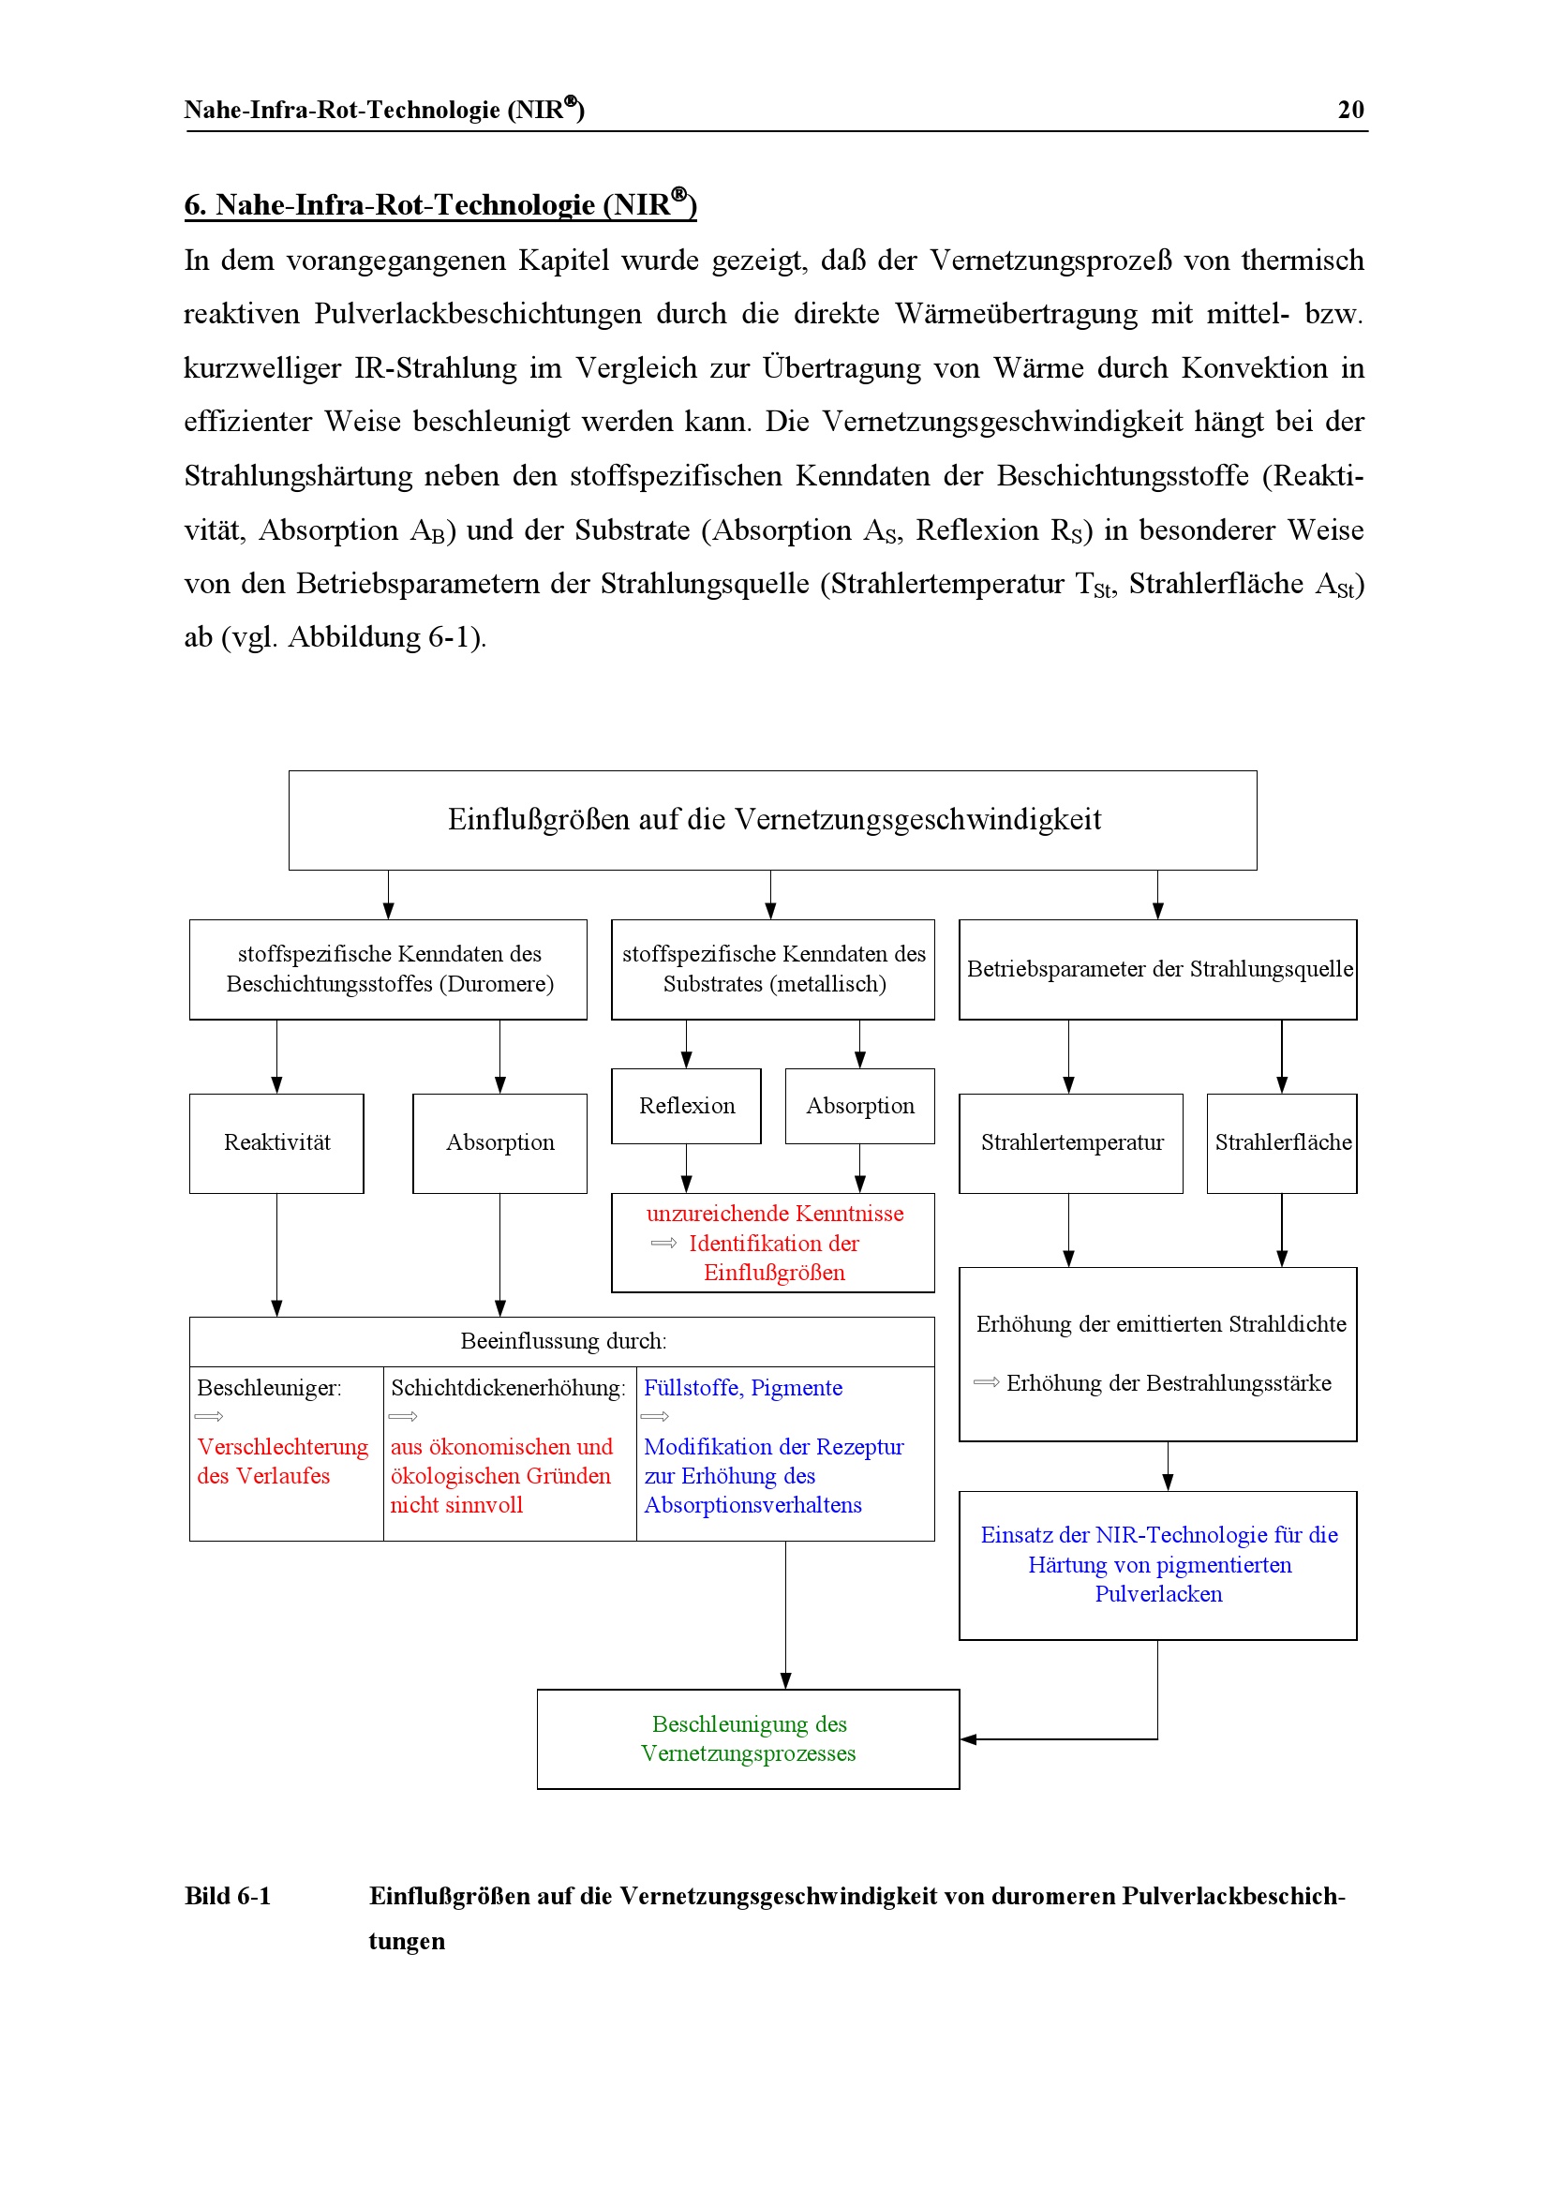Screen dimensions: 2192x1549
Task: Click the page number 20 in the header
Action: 1349,110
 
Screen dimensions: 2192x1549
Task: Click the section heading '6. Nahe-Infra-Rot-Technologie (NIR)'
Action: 440,204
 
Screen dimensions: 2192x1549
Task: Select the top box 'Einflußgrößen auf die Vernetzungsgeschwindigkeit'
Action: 772,820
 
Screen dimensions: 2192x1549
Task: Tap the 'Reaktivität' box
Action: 276,1142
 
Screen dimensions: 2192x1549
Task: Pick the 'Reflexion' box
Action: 686,1106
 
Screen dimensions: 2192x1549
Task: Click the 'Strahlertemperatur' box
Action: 1071,1142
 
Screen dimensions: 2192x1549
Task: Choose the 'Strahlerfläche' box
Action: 1282,1142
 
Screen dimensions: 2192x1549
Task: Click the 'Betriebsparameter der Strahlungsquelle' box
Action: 1157,969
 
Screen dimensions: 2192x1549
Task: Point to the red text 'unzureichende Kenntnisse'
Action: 774,1214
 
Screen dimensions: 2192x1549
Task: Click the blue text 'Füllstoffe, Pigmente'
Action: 742,1388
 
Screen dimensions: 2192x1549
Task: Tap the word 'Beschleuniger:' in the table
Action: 268,1388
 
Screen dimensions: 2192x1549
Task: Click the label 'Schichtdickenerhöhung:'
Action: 508,1388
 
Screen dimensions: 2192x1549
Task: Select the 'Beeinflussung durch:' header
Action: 563,1341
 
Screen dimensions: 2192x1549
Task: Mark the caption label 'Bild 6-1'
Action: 227,1896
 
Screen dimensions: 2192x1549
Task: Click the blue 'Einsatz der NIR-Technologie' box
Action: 1157,1565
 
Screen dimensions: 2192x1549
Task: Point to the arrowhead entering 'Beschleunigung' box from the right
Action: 968,1739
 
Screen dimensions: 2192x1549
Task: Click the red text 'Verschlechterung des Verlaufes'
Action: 281,1462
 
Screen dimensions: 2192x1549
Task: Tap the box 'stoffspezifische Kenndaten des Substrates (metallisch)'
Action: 773,969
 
